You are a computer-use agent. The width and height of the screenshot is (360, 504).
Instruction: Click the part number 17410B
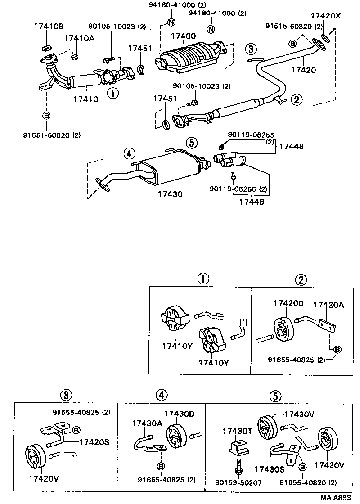(x=49, y=26)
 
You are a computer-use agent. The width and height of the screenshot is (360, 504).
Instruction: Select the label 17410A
(x=79, y=38)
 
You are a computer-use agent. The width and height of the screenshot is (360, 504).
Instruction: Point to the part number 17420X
(x=326, y=15)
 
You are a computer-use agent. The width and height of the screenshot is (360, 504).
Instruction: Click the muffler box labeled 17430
(x=171, y=169)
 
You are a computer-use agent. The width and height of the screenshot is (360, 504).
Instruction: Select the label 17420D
(x=288, y=303)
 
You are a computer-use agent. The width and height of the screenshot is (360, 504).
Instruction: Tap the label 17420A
(x=328, y=305)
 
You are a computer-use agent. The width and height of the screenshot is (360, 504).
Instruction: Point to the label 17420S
(x=94, y=442)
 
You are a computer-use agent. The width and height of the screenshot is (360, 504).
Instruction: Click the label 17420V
(x=44, y=479)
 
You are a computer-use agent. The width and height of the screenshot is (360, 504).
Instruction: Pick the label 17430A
(x=147, y=423)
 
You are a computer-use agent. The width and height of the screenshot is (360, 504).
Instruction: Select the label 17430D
(x=180, y=414)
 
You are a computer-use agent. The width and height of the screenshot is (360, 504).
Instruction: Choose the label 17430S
(x=270, y=470)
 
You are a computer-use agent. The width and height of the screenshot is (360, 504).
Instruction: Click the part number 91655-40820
(x=303, y=482)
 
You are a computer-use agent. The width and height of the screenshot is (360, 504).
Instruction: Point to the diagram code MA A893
(x=335, y=498)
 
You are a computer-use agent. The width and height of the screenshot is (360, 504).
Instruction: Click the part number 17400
(x=183, y=36)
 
